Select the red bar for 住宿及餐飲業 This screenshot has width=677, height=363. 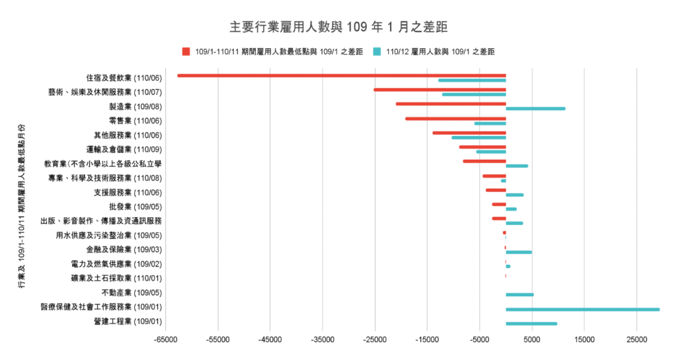[x=341, y=75]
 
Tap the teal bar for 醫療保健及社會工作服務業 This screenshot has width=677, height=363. [x=582, y=309]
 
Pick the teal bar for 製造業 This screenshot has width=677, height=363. [x=536, y=108]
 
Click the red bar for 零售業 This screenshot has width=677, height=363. [x=456, y=119]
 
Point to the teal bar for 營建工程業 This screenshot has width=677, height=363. [x=532, y=323]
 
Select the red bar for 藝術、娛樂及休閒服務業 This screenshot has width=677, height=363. [x=440, y=90]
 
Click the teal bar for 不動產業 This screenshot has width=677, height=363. [x=520, y=294]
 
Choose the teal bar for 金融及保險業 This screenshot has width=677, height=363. [x=519, y=252]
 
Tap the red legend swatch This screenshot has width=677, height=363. [x=186, y=51]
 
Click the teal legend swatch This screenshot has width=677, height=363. [x=377, y=51]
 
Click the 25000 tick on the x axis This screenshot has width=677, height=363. [x=636, y=340]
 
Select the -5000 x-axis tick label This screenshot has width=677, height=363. [x=479, y=340]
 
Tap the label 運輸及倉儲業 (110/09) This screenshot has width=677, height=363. [x=124, y=149]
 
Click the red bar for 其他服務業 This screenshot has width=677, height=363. [x=469, y=133]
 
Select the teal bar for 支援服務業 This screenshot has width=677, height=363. [x=514, y=195]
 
